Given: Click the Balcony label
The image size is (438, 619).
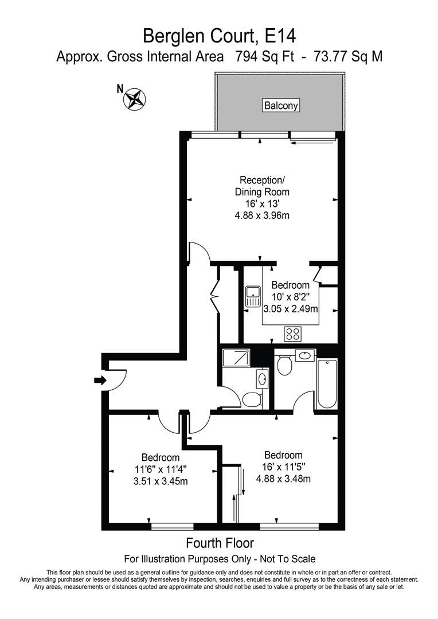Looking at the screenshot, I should [x=281, y=105].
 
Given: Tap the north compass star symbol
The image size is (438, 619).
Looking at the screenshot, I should [x=135, y=99].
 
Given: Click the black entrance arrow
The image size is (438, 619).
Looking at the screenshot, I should [x=100, y=380].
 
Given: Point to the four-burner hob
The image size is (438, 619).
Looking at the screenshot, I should [x=294, y=333].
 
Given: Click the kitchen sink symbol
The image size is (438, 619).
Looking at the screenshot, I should [x=252, y=296].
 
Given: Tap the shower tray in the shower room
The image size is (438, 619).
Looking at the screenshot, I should [x=236, y=359].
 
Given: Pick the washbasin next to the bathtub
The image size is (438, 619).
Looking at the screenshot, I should [x=304, y=355].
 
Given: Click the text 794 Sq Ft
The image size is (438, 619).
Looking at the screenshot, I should [x=262, y=57].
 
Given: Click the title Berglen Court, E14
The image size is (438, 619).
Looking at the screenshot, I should [x=219, y=36].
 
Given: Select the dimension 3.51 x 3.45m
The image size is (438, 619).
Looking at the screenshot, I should [x=160, y=481].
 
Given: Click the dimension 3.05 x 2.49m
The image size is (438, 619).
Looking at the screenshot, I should [x=291, y=309].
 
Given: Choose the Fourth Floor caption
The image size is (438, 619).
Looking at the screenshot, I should [x=220, y=543].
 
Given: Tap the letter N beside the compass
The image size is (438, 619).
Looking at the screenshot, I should [x=120, y=89].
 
